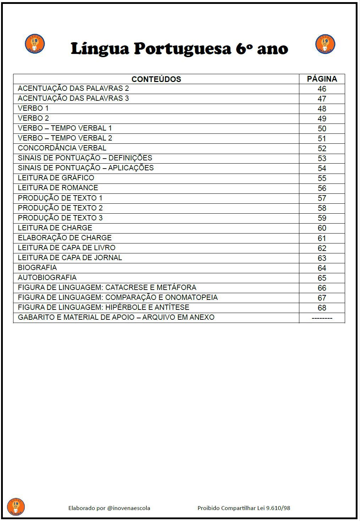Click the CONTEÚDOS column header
[x=156, y=79]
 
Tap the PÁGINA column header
[x=322, y=79]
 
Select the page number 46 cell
[x=322, y=89]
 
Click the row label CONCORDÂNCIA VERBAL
[x=62, y=148]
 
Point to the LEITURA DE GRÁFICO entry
[x=56, y=178]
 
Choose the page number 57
[x=322, y=198]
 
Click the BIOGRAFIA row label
[x=37, y=268]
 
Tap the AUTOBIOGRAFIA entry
[x=47, y=278]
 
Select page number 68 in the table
[x=322, y=308]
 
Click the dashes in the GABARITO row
[x=322, y=318]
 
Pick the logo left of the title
[x=35, y=44]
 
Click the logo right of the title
[x=325, y=44]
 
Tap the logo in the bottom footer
[x=16, y=506]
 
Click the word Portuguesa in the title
[x=182, y=49]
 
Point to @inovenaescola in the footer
[x=128, y=508]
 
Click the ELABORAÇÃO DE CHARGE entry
[x=65, y=238]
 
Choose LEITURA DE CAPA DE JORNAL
[x=70, y=258]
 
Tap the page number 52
[x=322, y=148]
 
